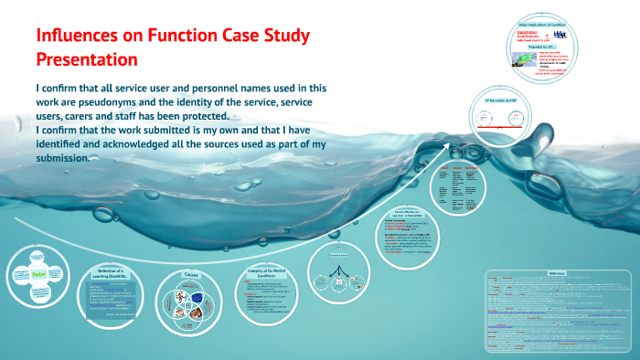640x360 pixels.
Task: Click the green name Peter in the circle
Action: pyautogui.click(x=38, y=273)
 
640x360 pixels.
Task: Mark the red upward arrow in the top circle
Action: pyautogui.click(x=547, y=35)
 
